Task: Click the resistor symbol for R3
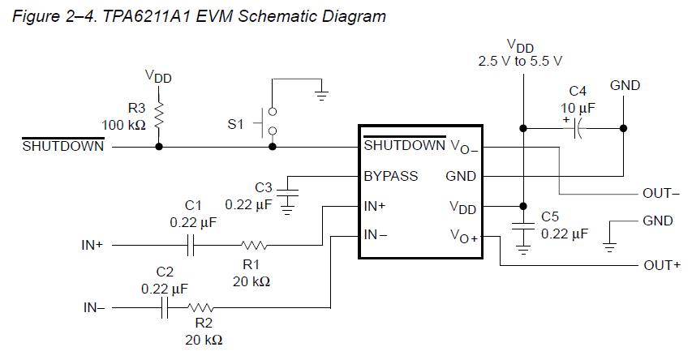point(159,116)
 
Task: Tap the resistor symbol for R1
point(255,244)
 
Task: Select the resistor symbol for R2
point(200,308)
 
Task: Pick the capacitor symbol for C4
point(578,128)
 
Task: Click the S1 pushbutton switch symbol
point(270,122)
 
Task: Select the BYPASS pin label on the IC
point(390,176)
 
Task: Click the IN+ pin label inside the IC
point(375,206)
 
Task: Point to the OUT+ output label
point(661,265)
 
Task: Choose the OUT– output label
point(660,193)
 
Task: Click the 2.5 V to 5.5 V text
point(520,61)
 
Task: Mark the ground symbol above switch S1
point(321,91)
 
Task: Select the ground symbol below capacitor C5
point(522,250)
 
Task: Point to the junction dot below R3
point(159,146)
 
